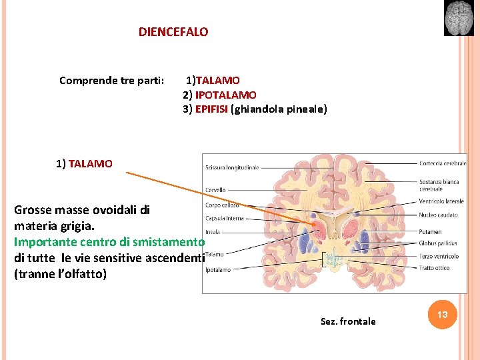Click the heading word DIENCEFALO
173,31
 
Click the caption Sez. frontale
348,321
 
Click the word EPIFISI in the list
211,109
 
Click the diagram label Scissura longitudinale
232,167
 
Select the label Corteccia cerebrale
443,163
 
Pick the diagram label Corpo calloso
222,205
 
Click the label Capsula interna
225,218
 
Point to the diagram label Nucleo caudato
438,215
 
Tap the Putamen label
430,232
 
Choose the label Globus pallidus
438,244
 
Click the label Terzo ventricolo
439,256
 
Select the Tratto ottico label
434,268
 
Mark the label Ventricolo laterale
441,201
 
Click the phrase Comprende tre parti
111,81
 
